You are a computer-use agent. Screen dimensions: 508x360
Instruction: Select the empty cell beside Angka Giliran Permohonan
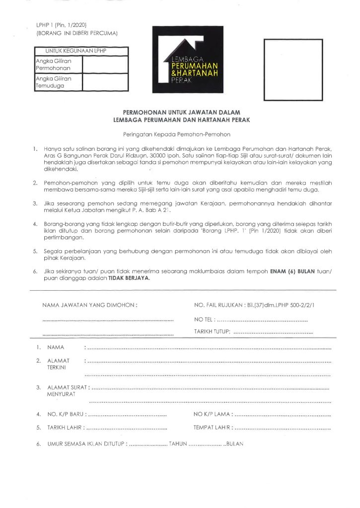pyautogui.click(x=105, y=64)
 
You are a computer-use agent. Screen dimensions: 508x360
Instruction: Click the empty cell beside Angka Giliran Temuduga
pyautogui.click(x=105, y=82)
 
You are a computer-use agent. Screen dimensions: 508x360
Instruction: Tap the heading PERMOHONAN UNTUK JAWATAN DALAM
pyautogui.click(x=181, y=113)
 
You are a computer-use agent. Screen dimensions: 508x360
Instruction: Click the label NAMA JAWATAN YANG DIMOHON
pyautogui.click(x=89, y=305)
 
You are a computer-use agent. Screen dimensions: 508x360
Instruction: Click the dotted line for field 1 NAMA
pyautogui.click(x=209, y=349)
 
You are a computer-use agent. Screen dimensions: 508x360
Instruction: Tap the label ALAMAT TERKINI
pyautogui.click(x=58, y=364)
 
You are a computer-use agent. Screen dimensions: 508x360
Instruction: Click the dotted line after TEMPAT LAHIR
pyautogui.click(x=283, y=427)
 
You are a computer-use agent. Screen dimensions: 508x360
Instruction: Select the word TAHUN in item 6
pyautogui.click(x=177, y=444)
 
